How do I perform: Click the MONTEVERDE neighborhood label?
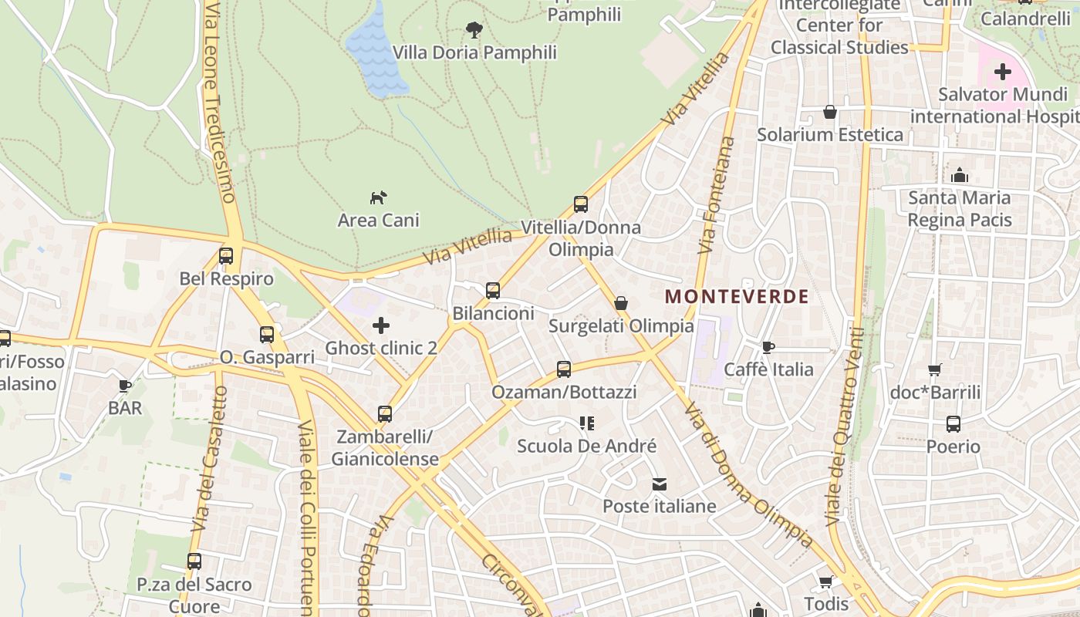[x=737, y=296]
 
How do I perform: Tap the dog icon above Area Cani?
[x=378, y=198]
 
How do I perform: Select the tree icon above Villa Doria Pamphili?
[x=474, y=30]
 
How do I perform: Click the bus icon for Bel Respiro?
[x=226, y=256]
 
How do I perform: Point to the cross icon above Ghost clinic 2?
[x=381, y=325]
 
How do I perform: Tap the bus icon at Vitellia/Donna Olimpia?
[x=581, y=204]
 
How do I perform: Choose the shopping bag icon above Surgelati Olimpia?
[x=621, y=303]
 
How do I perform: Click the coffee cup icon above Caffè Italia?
[x=768, y=347]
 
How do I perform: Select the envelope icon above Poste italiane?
[x=660, y=484]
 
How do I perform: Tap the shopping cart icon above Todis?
[x=826, y=581]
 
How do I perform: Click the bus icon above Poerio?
[x=953, y=424]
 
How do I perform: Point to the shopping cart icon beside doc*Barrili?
[x=935, y=369]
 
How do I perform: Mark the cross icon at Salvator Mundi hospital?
[x=1003, y=72]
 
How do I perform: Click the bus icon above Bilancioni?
[x=493, y=291]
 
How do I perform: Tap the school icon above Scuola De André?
[x=587, y=423]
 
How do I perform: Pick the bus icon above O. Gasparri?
[x=267, y=335]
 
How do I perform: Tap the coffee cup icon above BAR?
[x=125, y=386]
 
